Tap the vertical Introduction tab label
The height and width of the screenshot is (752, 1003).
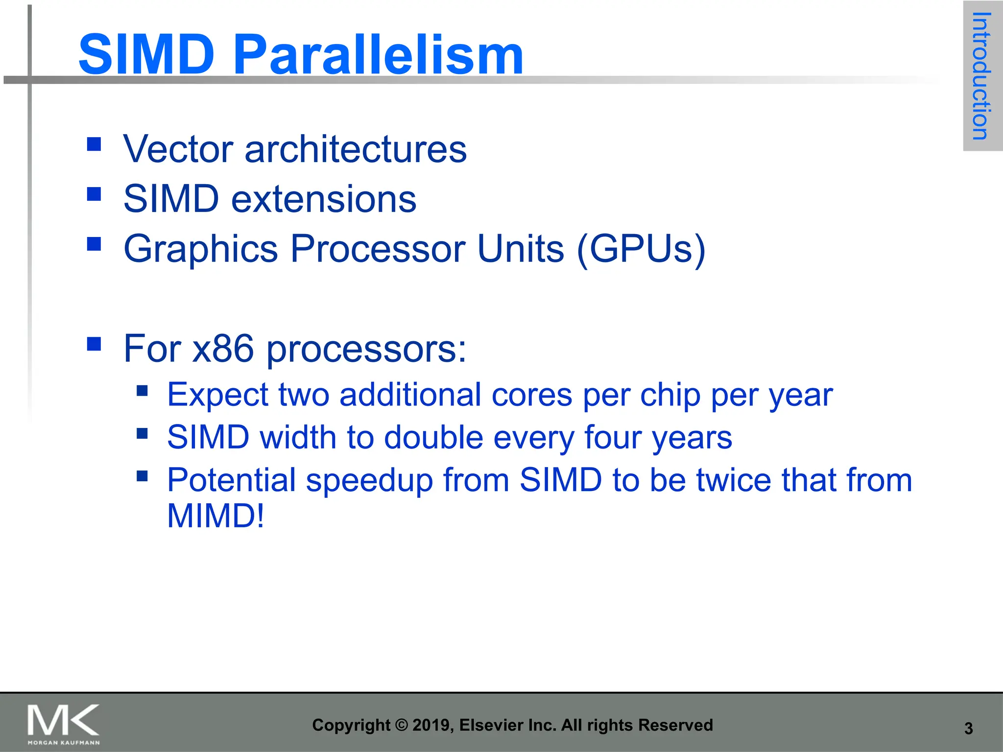(981, 76)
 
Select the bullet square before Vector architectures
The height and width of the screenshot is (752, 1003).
(94, 144)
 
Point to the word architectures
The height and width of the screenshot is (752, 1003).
(356, 149)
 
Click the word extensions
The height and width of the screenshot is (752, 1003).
(323, 199)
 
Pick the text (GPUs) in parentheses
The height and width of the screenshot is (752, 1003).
(641, 249)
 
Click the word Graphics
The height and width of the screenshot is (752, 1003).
(201, 249)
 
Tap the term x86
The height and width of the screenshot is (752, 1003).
(223, 349)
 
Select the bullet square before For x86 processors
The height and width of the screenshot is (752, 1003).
(94, 344)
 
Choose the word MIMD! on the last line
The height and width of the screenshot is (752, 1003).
(215, 516)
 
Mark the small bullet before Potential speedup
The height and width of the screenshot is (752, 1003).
(142, 475)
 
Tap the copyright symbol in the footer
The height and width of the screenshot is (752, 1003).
(402, 725)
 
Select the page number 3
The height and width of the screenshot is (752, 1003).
(968, 728)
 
